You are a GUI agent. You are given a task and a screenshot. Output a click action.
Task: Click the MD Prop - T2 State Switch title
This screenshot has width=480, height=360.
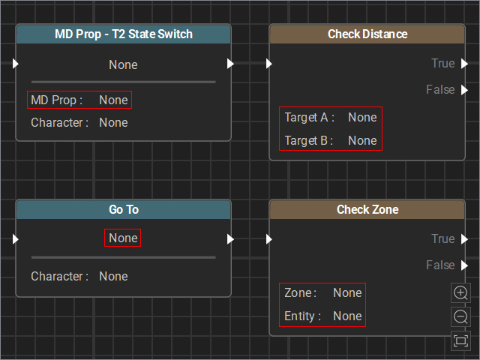(x=124, y=34)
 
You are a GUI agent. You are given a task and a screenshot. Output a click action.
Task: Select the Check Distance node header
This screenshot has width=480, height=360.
(x=367, y=34)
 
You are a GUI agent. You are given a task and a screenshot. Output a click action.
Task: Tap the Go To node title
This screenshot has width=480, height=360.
(x=124, y=209)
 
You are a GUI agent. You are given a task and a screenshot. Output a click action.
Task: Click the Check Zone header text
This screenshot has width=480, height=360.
(x=367, y=209)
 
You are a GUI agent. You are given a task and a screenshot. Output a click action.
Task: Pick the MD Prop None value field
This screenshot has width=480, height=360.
(x=113, y=100)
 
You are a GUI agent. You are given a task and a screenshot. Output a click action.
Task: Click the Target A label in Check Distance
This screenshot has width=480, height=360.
(x=309, y=118)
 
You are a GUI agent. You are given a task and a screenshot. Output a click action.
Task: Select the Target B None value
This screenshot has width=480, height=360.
(x=362, y=140)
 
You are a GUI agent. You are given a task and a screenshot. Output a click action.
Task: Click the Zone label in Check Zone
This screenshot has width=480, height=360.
(x=300, y=293)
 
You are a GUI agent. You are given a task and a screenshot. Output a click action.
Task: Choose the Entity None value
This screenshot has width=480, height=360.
(x=347, y=316)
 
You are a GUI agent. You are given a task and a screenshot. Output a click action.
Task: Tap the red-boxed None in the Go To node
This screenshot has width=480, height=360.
(x=123, y=238)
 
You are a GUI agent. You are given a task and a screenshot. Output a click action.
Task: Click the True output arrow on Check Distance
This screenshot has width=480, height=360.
(x=465, y=63)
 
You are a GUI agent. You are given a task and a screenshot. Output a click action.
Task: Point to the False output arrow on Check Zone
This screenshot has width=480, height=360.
(x=465, y=265)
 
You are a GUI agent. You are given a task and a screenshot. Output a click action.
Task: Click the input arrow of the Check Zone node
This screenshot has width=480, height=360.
(x=269, y=238)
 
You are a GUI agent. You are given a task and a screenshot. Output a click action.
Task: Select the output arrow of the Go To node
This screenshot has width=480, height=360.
(x=230, y=238)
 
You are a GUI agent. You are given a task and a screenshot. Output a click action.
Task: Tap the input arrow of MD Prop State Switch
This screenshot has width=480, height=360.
(x=16, y=63)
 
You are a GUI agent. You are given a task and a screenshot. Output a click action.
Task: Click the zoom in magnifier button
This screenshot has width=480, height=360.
(x=460, y=293)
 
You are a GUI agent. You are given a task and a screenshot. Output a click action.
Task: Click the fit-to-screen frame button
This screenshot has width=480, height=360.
(x=460, y=340)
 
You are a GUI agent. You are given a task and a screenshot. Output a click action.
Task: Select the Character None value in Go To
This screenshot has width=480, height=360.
(x=113, y=277)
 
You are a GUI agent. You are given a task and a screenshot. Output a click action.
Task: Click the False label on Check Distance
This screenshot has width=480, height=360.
(x=440, y=90)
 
